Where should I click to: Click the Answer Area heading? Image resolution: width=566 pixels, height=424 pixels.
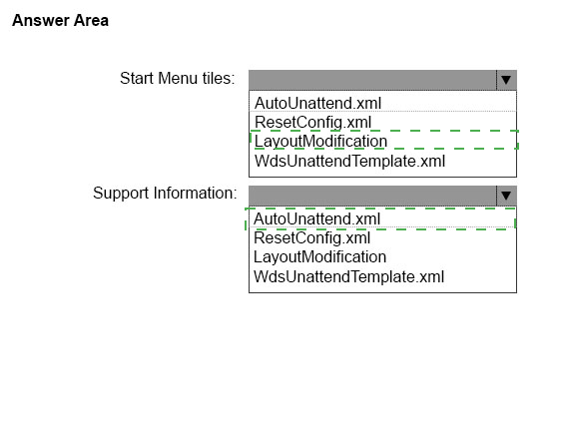[60, 21]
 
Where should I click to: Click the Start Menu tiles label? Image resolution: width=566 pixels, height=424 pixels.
[178, 78]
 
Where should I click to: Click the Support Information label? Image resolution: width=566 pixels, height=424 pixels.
[165, 194]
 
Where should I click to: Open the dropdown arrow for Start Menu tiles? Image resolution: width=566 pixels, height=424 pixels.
[506, 80]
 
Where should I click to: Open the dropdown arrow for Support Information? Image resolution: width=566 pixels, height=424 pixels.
[506, 196]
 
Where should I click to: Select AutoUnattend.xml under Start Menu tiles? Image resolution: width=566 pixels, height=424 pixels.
[317, 103]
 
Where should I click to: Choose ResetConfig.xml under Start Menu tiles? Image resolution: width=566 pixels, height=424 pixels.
[313, 123]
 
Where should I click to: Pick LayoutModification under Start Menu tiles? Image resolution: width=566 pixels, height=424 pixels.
[320, 142]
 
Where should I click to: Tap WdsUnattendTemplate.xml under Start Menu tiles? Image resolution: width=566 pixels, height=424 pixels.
[349, 161]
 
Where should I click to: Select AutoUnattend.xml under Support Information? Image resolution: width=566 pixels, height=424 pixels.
[316, 219]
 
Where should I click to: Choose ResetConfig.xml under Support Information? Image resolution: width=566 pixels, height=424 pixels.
[311, 238]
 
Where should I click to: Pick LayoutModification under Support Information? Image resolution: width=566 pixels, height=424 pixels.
[319, 257]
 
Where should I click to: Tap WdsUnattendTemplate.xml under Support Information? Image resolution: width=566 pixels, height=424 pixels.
[348, 276]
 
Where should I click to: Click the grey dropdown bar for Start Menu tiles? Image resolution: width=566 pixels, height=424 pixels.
[372, 80]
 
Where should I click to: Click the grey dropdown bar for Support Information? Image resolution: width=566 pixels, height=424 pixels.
[372, 196]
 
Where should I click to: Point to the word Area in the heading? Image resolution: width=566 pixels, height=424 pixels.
[91, 21]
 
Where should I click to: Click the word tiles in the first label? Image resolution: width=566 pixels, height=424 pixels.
[219, 78]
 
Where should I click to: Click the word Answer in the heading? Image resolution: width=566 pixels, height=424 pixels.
[41, 21]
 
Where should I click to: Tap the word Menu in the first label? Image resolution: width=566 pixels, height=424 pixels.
[178, 78]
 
